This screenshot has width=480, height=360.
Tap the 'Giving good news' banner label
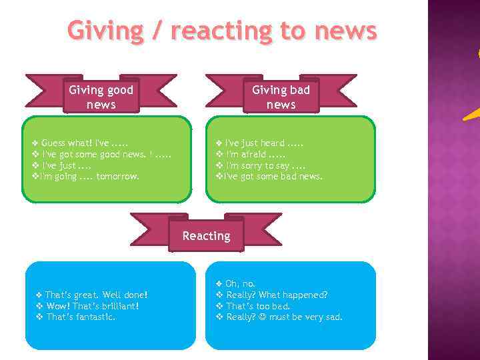pos(101,97)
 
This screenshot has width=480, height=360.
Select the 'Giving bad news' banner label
pos(281,97)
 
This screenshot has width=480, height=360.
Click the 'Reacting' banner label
pos(206,236)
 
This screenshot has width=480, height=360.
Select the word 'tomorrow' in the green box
pos(118,177)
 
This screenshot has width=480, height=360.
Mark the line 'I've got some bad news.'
pos(273,177)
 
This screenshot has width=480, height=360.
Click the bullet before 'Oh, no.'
pos(219,283)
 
